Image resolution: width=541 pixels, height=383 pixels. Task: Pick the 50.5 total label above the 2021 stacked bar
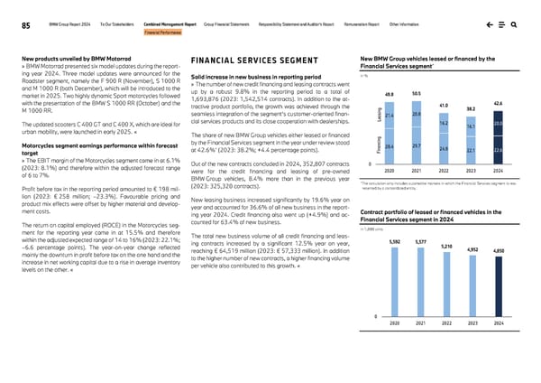(x=416, y=93)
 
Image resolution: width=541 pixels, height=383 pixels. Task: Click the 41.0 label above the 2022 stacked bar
(x=444, y=106)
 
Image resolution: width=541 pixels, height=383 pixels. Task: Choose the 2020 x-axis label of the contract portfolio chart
(x=394, y=322)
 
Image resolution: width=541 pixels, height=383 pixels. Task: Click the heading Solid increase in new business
(x=243, y=79)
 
